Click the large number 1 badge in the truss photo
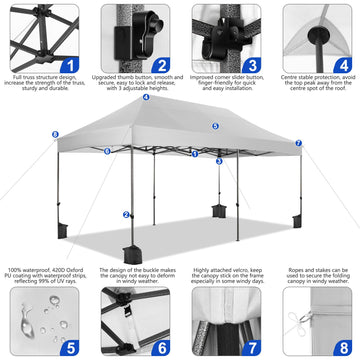pos(69,66)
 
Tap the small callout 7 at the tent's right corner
pos(298,143)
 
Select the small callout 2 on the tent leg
pos(126,214)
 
